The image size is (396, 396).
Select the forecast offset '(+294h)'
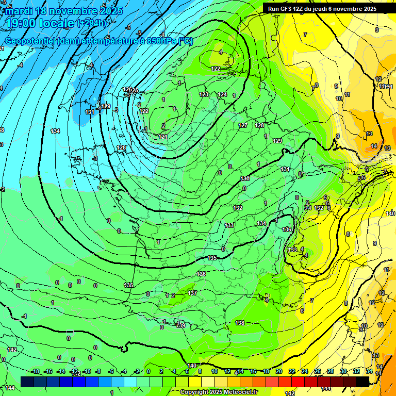93,23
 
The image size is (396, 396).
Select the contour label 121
163,137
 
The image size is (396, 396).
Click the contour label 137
192,293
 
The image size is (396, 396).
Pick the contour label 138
240,323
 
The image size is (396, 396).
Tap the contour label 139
180,325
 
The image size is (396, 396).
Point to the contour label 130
245,178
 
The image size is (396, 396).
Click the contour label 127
243,125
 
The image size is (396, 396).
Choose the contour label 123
204,94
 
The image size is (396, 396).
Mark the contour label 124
222,94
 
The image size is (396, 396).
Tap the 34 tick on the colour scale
369,371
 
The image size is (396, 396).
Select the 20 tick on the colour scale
279,371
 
